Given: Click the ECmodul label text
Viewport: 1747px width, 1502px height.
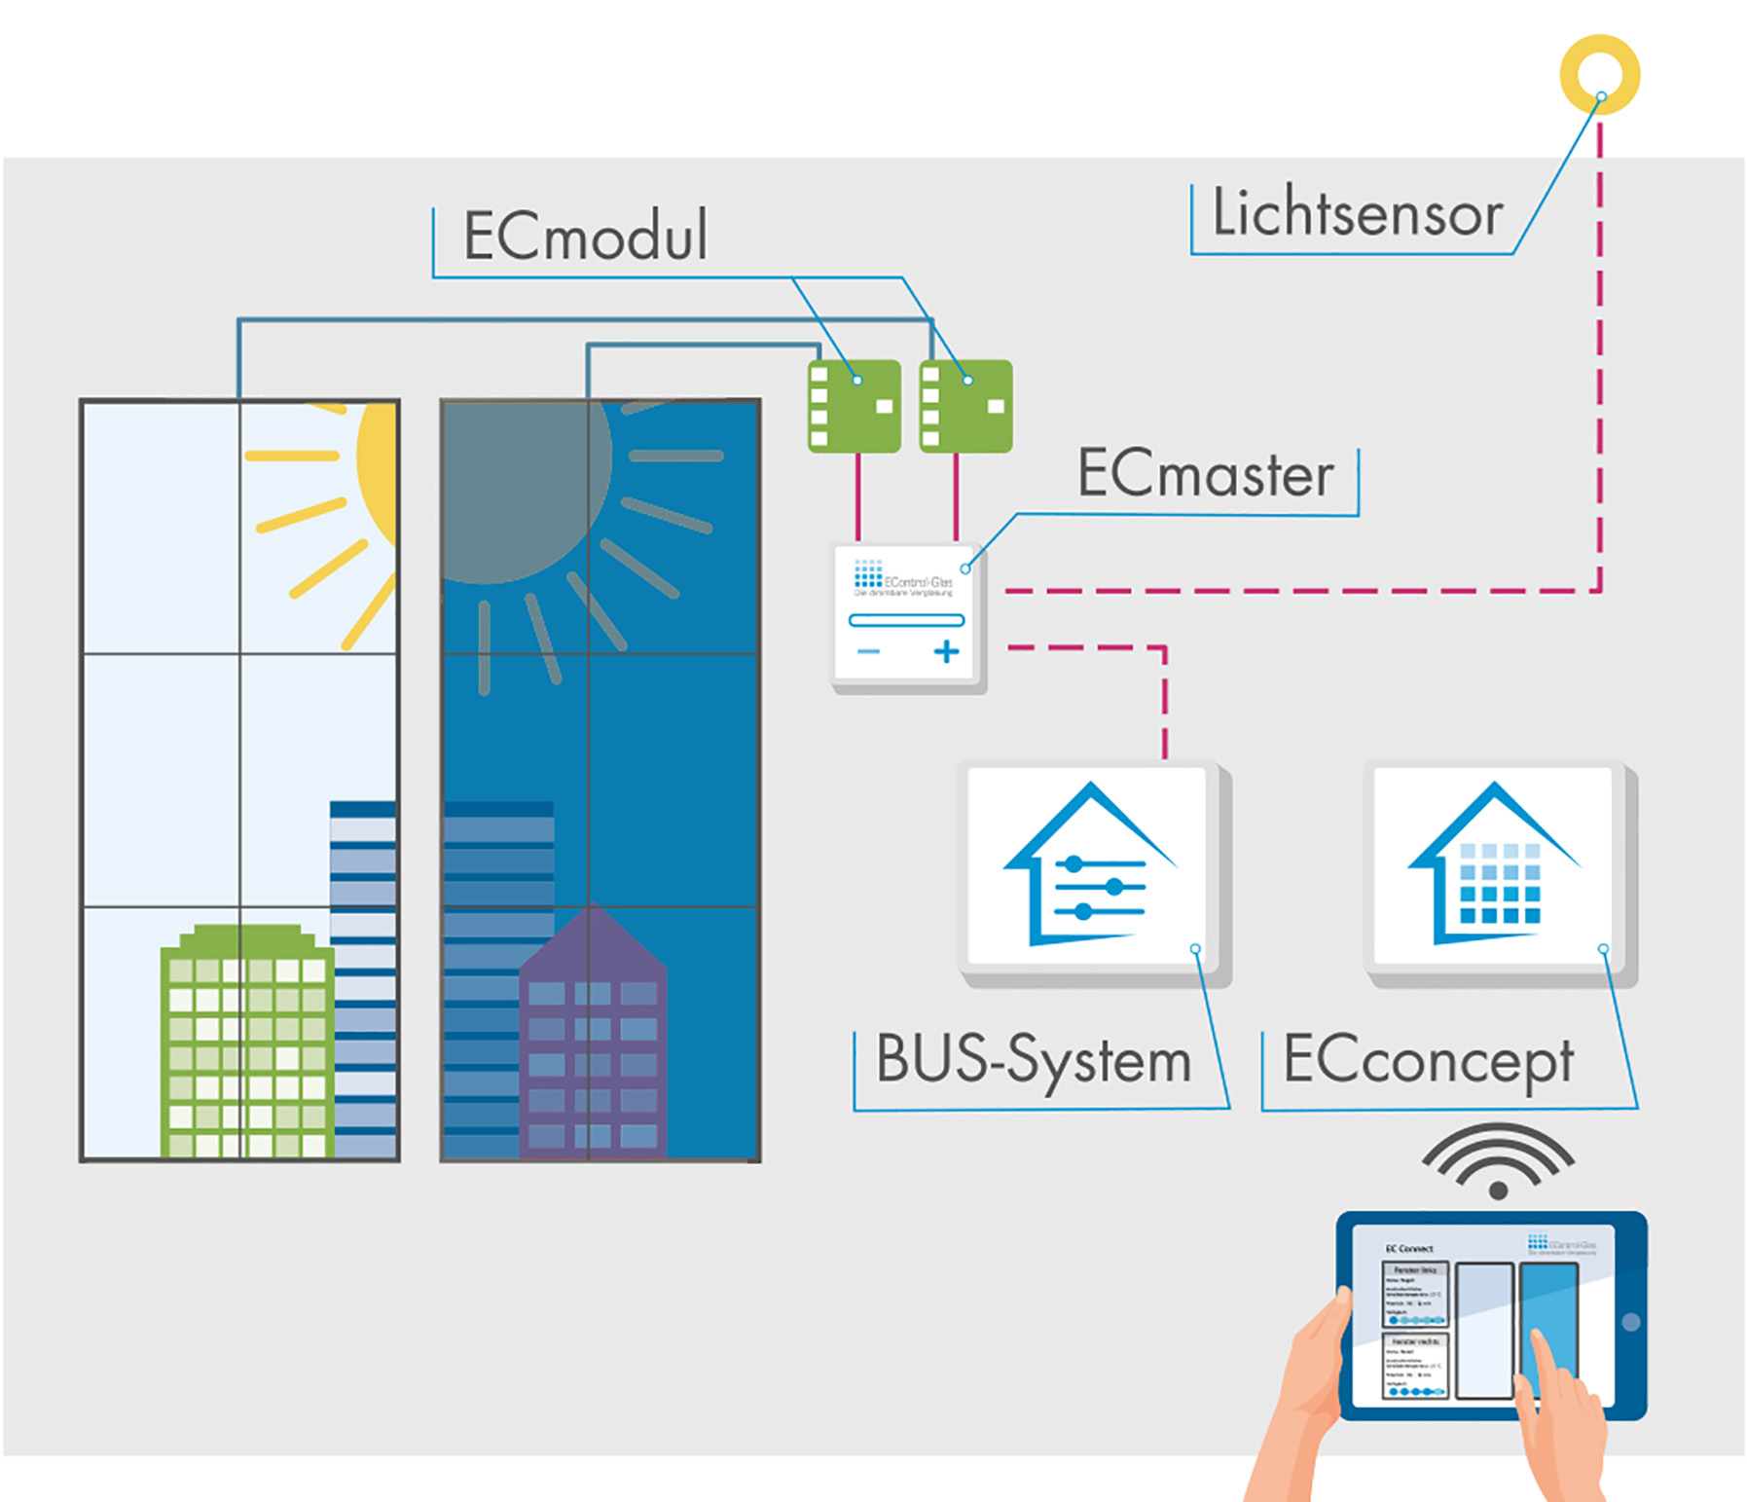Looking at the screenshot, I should pos(585,236).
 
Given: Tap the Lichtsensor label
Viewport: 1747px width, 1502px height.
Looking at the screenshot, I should pos(1357,213).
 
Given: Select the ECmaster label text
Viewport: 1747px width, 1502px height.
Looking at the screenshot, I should pos(1205,475).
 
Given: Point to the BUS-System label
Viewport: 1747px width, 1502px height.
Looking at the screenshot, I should pos(1034,1060).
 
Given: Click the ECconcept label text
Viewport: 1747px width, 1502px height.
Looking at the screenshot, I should pos(1428,1061).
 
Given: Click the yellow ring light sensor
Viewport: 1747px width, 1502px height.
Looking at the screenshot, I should pos(1599,74).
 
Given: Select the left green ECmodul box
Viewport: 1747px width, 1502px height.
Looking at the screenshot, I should pos(854,406).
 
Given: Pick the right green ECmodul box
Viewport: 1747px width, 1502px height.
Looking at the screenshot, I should pos(965,406).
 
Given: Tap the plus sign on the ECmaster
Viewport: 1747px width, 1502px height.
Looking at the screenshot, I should pos(946,652).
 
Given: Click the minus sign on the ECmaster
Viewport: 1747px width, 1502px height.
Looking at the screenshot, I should pos(868,651).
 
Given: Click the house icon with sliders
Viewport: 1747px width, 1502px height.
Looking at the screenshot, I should pos(1090,865).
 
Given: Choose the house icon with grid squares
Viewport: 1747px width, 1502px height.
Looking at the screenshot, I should pos(1495,865).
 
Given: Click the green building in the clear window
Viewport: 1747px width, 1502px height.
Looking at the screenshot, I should pos(247,1042).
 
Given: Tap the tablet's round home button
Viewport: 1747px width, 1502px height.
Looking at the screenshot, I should pos(1631,1322).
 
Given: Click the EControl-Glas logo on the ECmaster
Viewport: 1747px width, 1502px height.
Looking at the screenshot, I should pos(902,578).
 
